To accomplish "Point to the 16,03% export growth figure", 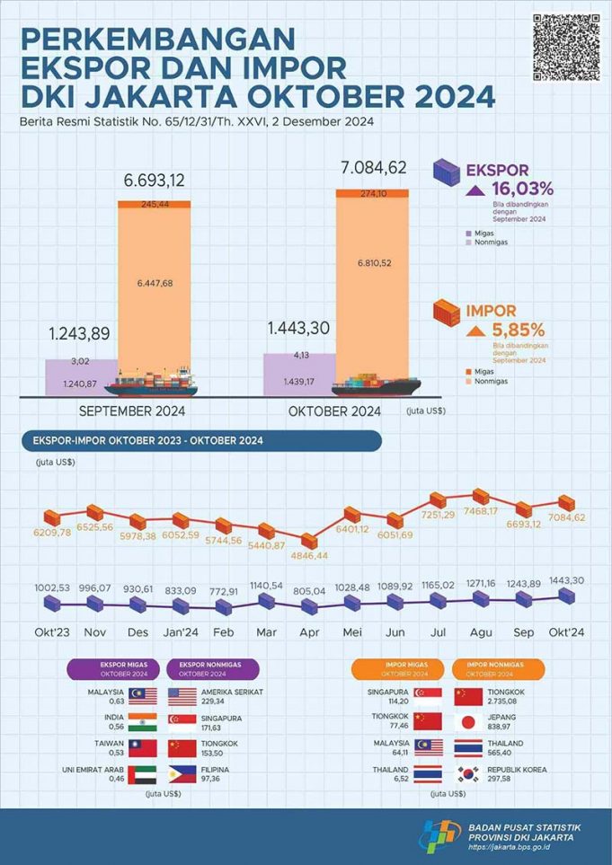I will pyautogui.click(x=522, y=189).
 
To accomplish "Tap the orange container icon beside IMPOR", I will pyautogui.click(x=446, y=315).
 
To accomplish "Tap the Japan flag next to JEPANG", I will pyautogui.click(x=468, y=722).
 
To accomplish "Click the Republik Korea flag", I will pyautogui.click(x=468, y=775).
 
